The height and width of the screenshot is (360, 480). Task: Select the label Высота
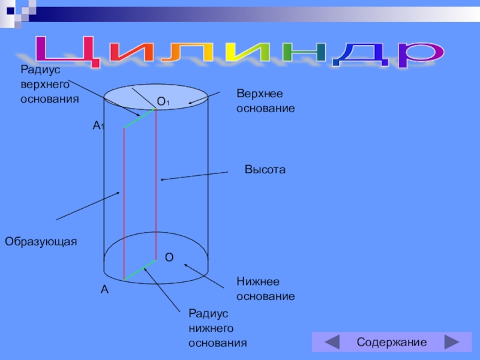(265, 170)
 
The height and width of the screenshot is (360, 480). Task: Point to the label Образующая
(41, 241)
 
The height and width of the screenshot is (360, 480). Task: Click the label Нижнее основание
(265, 289)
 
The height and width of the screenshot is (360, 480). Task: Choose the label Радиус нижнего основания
(217, 328)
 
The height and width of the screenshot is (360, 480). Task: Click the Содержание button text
(391, 343)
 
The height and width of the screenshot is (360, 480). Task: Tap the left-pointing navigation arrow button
(331, 343)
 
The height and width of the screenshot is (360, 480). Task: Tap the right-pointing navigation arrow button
(452, 343)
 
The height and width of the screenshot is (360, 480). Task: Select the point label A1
(98, 126)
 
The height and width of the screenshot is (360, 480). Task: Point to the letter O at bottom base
(169, 257)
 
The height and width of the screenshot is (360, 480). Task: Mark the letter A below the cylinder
(104, 290)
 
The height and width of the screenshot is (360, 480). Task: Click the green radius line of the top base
(140, 118)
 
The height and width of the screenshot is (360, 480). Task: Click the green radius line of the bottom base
(140, 270)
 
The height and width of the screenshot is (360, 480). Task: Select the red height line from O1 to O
(156, 180)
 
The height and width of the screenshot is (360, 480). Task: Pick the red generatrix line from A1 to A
(124, 204)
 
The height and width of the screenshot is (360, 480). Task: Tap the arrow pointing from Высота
(195, 176)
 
